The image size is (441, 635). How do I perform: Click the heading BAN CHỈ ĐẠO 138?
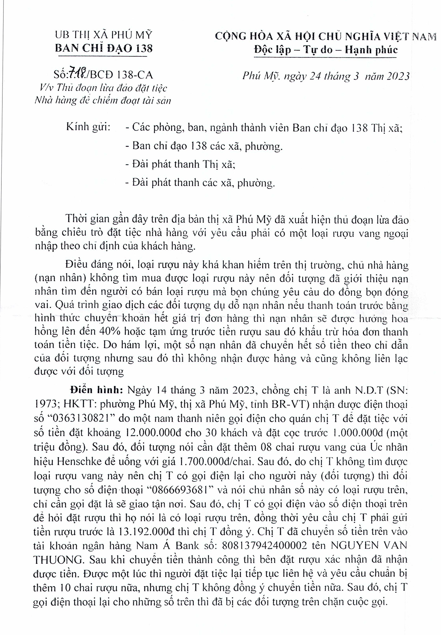pyautogui.click(x=104, y=48)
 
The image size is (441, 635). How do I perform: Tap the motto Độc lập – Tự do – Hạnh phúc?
pyautogui.click(x=326, y=50)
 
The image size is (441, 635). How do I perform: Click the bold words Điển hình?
pyautogui.click(x=94, y=391)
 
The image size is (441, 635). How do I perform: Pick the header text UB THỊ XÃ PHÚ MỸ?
pyautogui.click(x=104, y=35)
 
